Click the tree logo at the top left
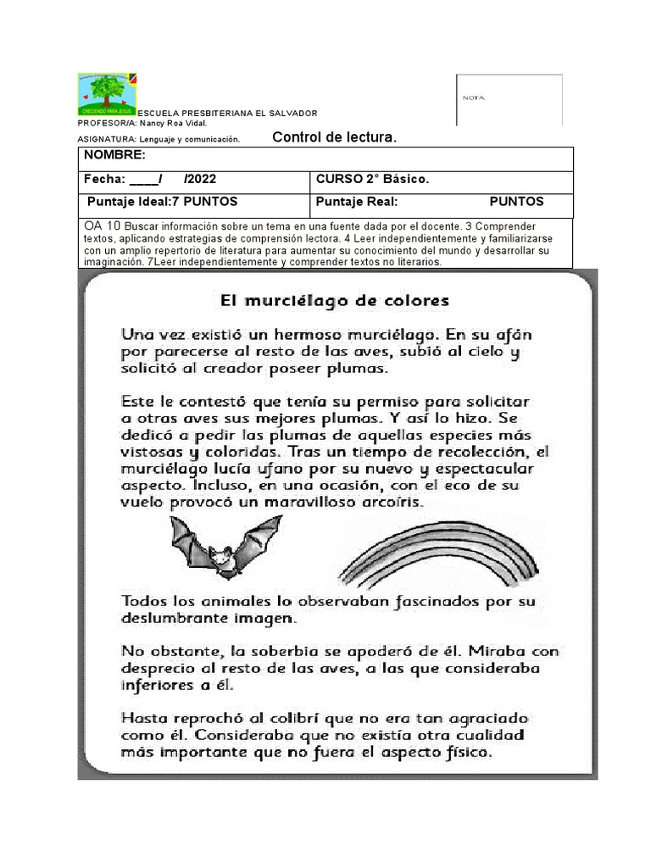tap(107, 94)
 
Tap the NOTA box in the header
tap(509, 99)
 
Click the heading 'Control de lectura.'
tap(334, 136)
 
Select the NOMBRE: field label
tap(114, 156)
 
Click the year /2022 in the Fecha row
tap(200, 180)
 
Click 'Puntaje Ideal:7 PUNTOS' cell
tap(163, 202)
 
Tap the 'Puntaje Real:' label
tap(357, 202)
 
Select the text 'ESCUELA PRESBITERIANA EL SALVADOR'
tap(227, 113)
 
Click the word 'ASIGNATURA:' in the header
tap(107, 139)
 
